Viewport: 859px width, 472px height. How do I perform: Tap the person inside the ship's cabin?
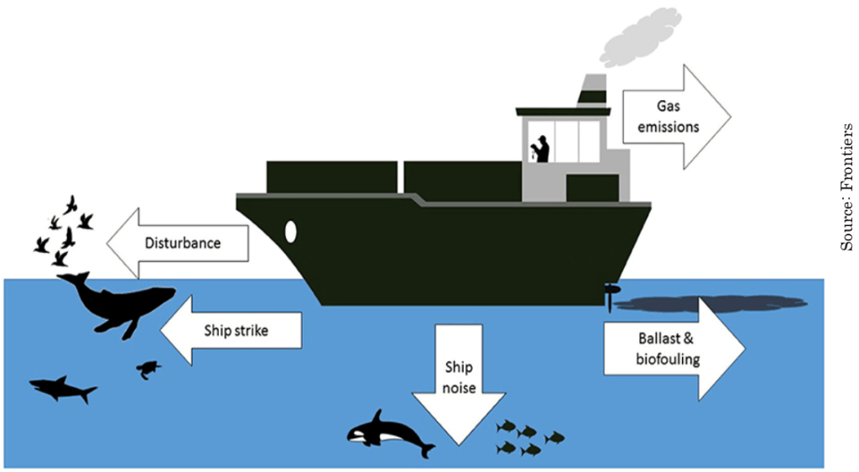pos(541,149)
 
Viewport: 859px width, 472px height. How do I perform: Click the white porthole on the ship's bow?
pos(291,231)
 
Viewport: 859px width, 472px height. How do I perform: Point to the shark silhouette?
pos(63,388)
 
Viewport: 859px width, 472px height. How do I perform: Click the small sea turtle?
pos(150,369)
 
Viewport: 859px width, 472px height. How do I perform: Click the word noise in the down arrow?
pos(460,388)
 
